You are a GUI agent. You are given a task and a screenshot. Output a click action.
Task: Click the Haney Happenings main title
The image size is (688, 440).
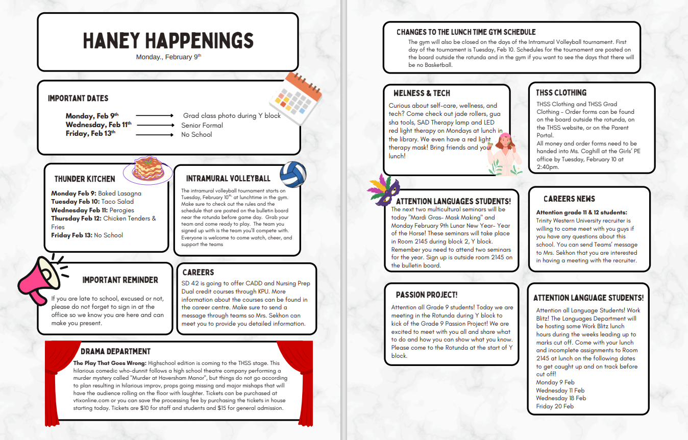tap(168, 40)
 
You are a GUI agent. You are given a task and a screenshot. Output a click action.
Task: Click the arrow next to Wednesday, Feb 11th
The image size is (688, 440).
tap(155, 125)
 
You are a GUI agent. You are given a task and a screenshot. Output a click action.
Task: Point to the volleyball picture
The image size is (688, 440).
tap(293, 175)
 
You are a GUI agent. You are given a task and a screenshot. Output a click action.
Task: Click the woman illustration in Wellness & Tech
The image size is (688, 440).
tap(503, 154)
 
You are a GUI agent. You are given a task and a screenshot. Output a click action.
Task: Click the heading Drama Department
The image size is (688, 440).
tap(115, 352)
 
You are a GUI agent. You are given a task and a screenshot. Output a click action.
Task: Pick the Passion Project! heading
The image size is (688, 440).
tap(427, 295)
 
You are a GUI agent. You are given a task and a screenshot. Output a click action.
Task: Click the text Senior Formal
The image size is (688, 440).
tap(202, 125)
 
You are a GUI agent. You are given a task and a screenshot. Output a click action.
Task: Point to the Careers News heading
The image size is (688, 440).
tap(569, 199)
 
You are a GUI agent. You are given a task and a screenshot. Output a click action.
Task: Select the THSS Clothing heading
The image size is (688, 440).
tap(561, 93)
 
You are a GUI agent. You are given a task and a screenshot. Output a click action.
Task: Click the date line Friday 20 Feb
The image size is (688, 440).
tap(555, 406)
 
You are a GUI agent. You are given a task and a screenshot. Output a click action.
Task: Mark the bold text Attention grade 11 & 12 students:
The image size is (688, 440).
tap(581, 212)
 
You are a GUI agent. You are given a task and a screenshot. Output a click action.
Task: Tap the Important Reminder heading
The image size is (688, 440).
tap(120, 280)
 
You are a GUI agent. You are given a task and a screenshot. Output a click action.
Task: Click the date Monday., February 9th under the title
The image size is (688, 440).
tap(168, 57)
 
